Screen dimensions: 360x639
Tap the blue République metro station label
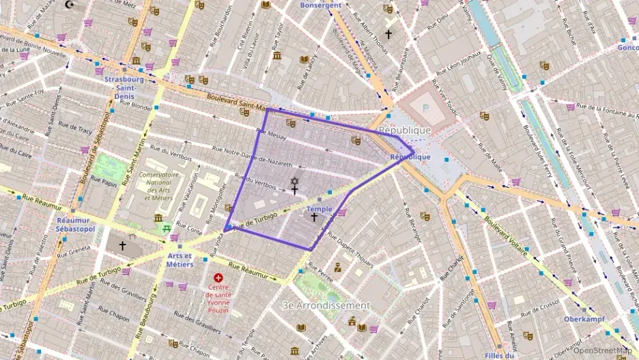410,157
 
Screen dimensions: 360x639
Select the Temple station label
319,208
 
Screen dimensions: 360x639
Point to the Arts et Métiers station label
180,260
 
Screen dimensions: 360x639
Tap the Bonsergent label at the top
321,5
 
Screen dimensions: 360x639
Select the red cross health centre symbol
218,279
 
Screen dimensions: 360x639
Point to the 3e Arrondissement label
326,305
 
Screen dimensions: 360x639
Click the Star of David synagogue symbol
295,181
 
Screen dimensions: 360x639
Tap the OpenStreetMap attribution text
602,351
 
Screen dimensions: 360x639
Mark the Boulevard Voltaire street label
506,236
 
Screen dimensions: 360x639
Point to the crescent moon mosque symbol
68,4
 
